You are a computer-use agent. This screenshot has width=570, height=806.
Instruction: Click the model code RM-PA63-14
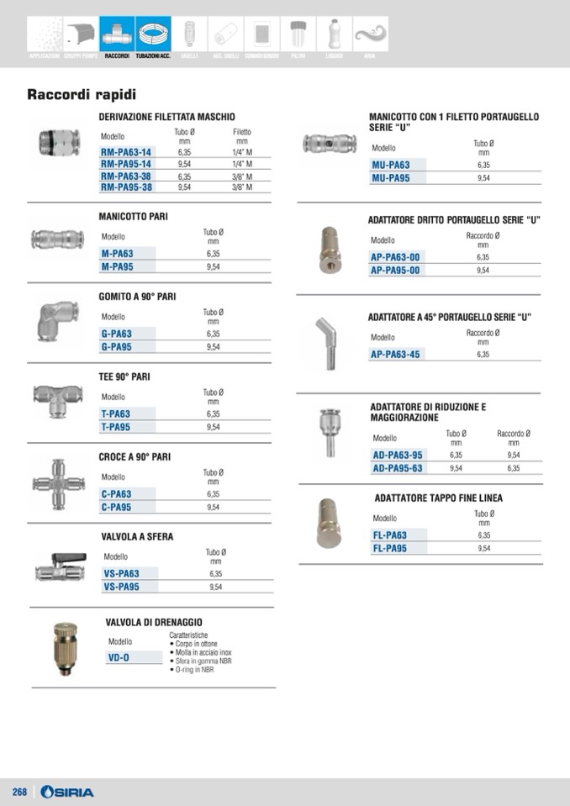click(x=126, y=152)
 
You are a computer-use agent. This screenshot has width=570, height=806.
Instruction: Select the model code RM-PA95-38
click(x=126, y=187)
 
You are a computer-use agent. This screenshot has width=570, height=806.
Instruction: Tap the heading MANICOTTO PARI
click(x=133, y=216)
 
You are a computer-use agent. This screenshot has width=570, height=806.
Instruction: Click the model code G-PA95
click(x=117, y=346)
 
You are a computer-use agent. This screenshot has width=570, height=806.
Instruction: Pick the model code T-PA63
click(x=116, y=414)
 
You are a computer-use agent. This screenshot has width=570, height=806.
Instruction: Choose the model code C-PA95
click(x=117, y=507)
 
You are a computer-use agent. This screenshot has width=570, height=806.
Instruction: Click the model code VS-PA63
click(x=121, y=573)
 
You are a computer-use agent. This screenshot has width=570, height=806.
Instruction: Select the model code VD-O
click(x=119, y=657)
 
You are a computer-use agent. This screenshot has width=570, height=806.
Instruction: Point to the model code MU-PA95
click(x=391, y=178)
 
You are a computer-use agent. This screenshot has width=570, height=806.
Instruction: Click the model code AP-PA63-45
click(x=395, y=354)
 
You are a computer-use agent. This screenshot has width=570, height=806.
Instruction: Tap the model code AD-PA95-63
click(x=398, y=468)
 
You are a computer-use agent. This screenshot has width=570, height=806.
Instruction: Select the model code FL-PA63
click(x=390, y=535)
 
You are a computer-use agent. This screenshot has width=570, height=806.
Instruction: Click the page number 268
click(x=19, y=792)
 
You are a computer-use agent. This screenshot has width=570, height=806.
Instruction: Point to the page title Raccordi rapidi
click(x=82, y=95)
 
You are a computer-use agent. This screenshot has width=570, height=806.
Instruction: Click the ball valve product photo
click(x=59, y=567)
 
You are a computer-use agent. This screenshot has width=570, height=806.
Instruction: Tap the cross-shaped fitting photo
click(x=58, y=484)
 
